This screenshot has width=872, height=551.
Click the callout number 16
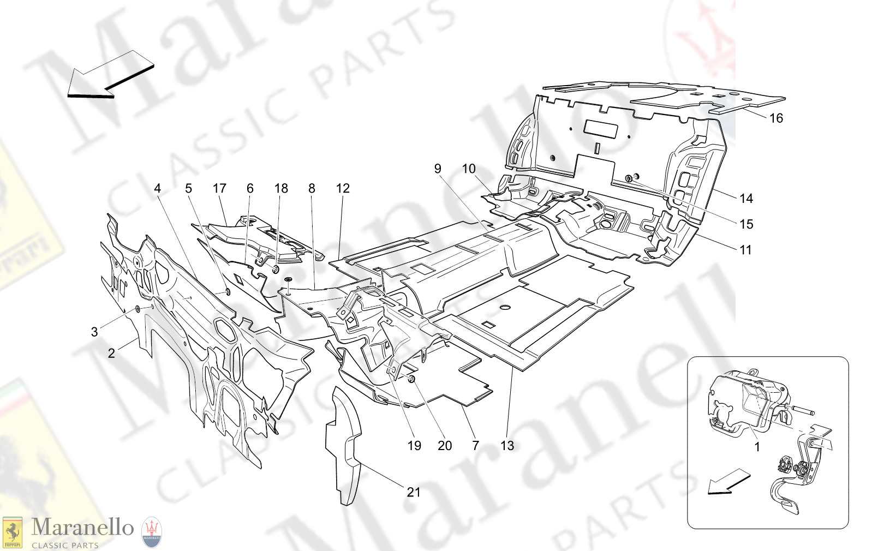point(776,118)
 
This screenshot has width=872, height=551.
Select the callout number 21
point(414,492)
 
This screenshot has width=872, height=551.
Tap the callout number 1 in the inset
point(757,447)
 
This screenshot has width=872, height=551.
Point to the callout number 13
point(507,446)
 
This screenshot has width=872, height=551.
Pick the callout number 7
point(475,446)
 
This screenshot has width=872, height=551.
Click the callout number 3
point(94,332)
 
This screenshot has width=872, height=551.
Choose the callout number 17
point(219,189)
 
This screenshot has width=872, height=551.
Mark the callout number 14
point(746,199)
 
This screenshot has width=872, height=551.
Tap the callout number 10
point(469,169)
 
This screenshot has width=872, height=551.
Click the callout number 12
point(343,189)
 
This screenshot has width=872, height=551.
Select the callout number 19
point(414,446)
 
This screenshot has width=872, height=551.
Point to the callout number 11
point(745,250)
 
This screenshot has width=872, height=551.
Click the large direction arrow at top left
point(109,76)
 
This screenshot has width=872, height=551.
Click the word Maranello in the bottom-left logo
point(82,528)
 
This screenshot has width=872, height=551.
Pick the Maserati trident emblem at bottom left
point(152,532)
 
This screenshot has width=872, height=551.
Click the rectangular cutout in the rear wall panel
point(600,129)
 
